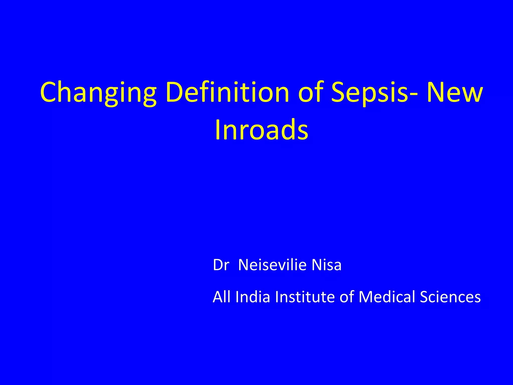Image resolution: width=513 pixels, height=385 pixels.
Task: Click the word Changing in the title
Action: tap(98, 93)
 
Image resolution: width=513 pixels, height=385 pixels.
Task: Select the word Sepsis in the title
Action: tap(370, 93)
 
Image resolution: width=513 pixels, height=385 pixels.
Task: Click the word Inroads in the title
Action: tap(261, 130)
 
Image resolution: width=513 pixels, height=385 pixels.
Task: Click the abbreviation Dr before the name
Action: tap(221, 265)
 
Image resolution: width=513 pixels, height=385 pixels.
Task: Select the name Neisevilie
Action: tap(272, 265)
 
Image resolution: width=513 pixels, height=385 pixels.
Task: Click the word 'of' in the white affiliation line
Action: tap(346, 297)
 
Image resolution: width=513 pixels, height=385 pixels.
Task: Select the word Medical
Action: tap(387, 297)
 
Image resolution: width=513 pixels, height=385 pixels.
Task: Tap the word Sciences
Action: tap(450, 297)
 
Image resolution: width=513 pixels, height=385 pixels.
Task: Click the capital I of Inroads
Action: tap(218, 130)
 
